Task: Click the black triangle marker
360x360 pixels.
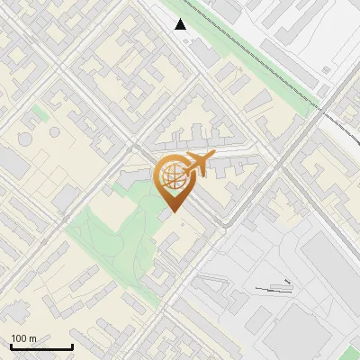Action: [181, 24]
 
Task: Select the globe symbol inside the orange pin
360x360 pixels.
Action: [171, 177]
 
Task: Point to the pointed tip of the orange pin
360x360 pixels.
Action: [173, 212]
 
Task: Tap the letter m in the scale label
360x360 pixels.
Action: [33, 339]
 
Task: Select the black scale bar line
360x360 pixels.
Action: [41, 347]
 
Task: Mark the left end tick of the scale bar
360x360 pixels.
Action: [11, 346]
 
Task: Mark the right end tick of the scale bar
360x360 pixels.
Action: [72, 346]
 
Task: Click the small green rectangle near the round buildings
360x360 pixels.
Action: [38, 114]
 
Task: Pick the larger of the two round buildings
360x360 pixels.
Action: [24, 141]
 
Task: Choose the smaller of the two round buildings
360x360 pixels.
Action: [54, 132]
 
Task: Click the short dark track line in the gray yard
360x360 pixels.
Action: [274, 288]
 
